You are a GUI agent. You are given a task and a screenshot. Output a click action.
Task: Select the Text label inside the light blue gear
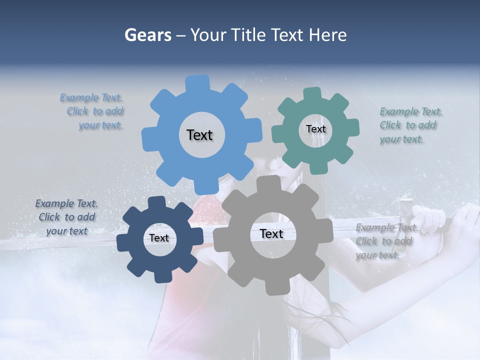[199, 135]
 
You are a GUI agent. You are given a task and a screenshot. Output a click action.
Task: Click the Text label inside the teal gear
[315, 129]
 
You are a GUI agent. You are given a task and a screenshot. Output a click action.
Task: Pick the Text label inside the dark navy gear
[159, 238]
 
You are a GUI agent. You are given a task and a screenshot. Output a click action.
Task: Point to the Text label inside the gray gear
[271, 234]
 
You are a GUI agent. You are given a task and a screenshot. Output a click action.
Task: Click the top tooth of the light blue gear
[198, 83]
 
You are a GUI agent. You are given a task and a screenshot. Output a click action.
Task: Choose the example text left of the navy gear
[66, 217]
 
